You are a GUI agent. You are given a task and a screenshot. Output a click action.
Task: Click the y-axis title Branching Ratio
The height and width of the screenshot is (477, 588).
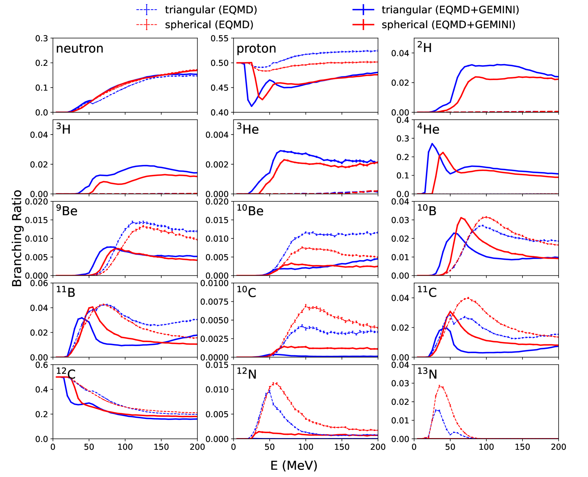17,238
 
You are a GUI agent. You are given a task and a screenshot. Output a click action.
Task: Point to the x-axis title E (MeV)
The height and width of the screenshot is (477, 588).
294,465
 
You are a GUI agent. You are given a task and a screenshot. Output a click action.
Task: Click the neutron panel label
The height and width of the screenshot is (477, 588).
80,48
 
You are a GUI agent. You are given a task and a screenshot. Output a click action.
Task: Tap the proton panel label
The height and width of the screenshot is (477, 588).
256,48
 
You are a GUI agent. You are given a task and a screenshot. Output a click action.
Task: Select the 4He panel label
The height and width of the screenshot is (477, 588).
428,129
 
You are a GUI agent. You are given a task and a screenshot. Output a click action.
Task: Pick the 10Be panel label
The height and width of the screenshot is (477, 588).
250,211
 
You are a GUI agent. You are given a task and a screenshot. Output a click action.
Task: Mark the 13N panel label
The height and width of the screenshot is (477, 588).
427,374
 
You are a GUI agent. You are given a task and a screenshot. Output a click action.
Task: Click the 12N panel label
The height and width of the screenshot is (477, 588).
247,374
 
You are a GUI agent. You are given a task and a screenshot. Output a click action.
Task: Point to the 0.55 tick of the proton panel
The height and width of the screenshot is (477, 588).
220,38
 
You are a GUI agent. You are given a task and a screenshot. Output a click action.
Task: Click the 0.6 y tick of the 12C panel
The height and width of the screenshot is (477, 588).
42,365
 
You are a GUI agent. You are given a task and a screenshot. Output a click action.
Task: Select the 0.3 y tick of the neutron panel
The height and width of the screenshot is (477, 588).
42,38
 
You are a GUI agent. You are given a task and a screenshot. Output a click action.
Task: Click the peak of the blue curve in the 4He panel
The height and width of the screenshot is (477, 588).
432,144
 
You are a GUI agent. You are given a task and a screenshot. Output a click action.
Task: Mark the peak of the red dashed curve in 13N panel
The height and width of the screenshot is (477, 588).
440,386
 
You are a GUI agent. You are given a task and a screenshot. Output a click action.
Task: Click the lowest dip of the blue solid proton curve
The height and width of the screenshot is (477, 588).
252,106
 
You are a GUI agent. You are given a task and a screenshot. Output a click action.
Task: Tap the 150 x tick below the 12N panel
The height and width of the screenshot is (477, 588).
342,447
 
